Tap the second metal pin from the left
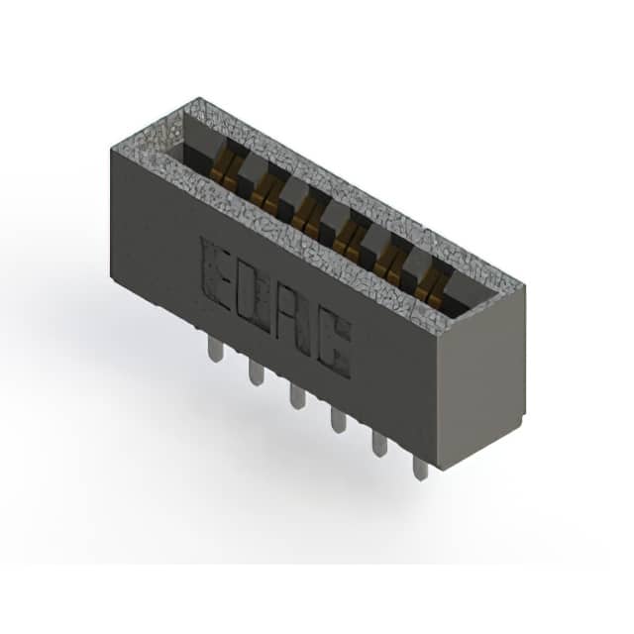point(256,373)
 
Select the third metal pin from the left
point(296,396)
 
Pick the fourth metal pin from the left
point(338,420)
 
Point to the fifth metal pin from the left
point(379,444)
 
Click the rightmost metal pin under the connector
point(420,468)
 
